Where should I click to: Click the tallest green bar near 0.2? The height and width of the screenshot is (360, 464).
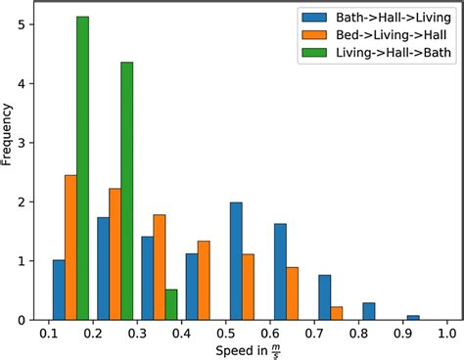click(82, 168)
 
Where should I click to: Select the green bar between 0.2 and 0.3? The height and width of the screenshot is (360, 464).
click(126, 191)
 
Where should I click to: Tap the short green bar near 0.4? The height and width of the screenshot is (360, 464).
click(171, 304)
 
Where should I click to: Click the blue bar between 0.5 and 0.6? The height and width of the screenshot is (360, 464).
click(236, 261)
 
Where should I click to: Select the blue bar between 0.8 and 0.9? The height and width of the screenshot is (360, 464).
click(369, 311)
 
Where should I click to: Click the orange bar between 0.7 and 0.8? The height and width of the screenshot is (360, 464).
click(337, 313)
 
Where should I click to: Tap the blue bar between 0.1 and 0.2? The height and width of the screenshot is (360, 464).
click(59, 290)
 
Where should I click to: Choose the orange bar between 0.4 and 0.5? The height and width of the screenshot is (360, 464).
click(204, 280)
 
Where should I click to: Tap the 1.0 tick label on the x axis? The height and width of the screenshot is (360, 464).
click(447, 333)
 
